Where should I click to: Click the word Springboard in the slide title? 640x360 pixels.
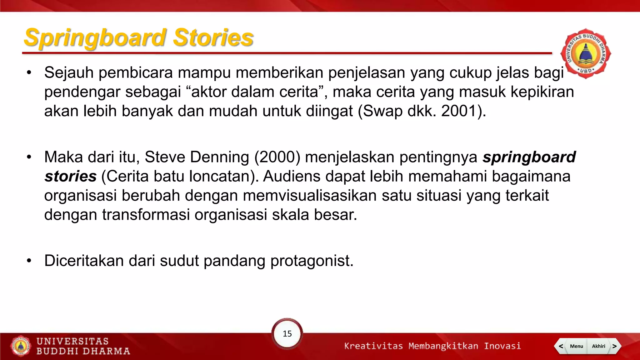click(x=95, y=38)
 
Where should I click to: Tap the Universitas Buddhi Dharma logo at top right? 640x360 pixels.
click(x=585, y=53)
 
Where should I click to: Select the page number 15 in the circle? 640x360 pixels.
click(x=287, y=334)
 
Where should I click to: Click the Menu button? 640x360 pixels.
click(x=576, y=346)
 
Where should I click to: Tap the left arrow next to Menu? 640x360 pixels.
click(x=561, y=346)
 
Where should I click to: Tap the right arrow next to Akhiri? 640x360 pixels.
click(x=614, y=346)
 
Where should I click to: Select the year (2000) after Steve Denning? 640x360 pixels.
click(x=277, y=157)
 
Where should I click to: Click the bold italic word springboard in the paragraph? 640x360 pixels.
click(x=529, y=157)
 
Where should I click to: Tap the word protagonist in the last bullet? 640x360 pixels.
click(x=312, y=261)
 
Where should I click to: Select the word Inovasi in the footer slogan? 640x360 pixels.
click(x=502, y=346)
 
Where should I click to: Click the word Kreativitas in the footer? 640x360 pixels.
click(x=373, y=346)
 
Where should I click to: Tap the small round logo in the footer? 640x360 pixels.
click(x=21, y=346)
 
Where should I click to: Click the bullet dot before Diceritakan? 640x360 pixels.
click(x=29, y=261)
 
